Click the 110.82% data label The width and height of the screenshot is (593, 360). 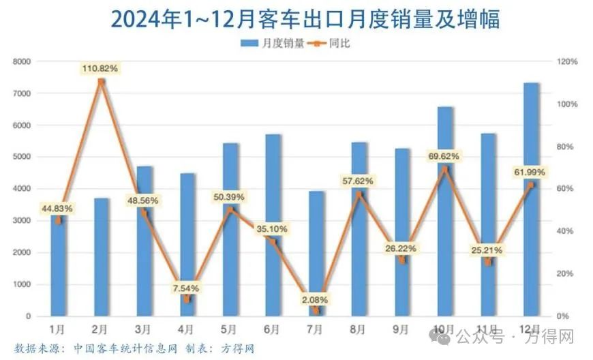(x=101, y=68)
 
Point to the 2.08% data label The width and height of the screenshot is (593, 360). (x=316, y=299)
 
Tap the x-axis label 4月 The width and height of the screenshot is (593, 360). (x=187, y=329)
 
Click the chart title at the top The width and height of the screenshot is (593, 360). (x=296, y=19)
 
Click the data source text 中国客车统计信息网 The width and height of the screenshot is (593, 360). (x=123, y=348)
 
